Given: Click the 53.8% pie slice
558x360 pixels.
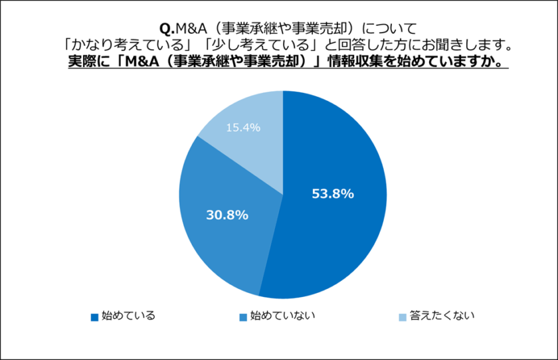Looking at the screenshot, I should click(339, 219).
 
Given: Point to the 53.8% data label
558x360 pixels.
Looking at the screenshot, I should click(332, 194).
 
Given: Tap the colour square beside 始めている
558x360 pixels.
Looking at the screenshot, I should click(94, 316).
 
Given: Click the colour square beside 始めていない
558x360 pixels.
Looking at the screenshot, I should click(242, 316).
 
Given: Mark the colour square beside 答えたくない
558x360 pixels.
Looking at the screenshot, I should click(402, 316).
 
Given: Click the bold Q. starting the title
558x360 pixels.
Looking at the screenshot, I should click(166, 29).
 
